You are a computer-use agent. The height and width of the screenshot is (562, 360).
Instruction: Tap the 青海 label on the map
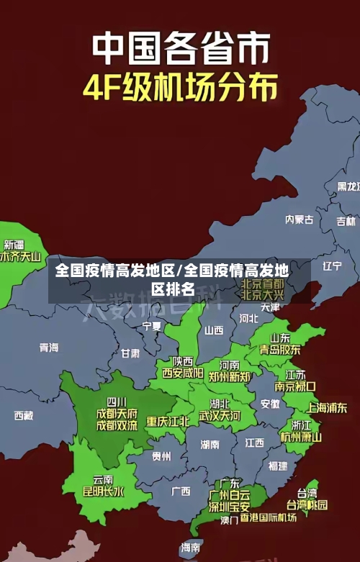(49, 348)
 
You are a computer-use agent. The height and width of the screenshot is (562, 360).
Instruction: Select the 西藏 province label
(24, 415)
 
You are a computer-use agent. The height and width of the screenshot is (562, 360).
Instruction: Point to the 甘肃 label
(130, 353)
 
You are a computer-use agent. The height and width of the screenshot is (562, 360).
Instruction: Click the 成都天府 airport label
(117, 414)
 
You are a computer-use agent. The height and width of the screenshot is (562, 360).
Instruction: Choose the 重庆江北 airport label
(168, 421)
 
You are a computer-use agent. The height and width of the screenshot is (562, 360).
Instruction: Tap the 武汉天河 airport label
(220, 416)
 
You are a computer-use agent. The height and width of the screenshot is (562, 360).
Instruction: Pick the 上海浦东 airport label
(327, 407)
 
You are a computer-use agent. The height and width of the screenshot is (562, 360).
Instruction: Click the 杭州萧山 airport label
(301, 437)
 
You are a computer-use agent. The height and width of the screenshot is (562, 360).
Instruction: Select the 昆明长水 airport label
(104, 492)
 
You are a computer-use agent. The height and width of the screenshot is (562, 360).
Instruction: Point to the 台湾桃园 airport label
(307, 504)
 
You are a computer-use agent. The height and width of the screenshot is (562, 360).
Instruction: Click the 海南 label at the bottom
(191, 547)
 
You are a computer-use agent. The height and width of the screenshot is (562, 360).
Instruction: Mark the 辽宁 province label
(332, 266)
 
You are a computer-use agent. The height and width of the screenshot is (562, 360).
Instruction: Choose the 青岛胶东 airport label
(280, 350)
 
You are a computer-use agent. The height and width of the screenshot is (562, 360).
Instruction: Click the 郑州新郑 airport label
(230, 376)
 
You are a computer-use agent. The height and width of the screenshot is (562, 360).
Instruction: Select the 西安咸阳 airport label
(182, 373)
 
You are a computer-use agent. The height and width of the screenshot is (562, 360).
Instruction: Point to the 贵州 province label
(161, 456)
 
